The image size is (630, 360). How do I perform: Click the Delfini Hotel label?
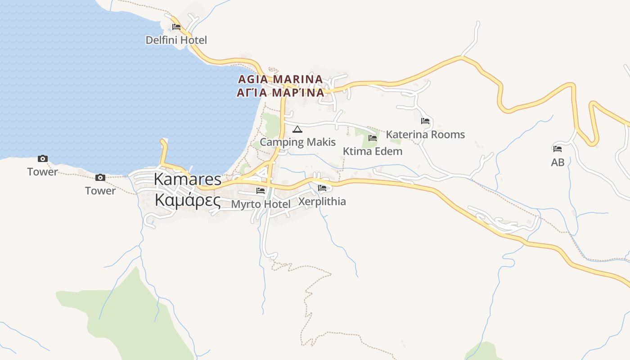pyautogui.click(x=176, y=40)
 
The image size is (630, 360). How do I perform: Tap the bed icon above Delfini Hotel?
pyautogui.click(x=176, y=27)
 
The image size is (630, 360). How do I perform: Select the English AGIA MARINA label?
pyautogui.click(x=280, y=79)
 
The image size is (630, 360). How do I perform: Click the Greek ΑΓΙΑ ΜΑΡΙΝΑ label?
pyautogui.click(x=280, y=93)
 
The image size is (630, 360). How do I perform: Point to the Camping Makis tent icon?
pyautogui.click(x=297, y=130)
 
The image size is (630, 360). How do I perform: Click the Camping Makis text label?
pyautogui.click(x=298, y=142)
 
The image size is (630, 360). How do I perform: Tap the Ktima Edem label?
pyautogui.click(x=373, y=151)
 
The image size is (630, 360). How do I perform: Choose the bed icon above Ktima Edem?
pyautogui.click(x=373, y=138)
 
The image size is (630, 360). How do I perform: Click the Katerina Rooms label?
pyautogui.click(x=425, y=135)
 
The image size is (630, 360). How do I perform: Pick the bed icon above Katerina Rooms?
pyautogui.click(x=425, y=121)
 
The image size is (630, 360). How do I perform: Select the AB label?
pyautogui.click(x=558, y=162)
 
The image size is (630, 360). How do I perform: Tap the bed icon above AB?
pyautogui.click(x=558, y=148)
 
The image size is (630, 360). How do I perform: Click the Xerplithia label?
pyautogui.click(x=322, y=201)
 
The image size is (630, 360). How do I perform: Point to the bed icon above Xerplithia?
pyautogui.click(x=322, y=188)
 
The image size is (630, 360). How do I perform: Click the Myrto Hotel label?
pyautogui.click(x=261, y=204)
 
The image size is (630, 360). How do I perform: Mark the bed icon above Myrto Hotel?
pyautogui.click(x=261, y=191)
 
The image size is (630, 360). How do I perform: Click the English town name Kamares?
pyautogui.click(x=188, y=179)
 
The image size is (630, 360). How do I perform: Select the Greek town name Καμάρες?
pyautogui.click(x=188, y=200)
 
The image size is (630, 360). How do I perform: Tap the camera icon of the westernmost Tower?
pyautogui.click(x=43, y=158)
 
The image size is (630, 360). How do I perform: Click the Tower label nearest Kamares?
pyautogui.click(x=100, y=191)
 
